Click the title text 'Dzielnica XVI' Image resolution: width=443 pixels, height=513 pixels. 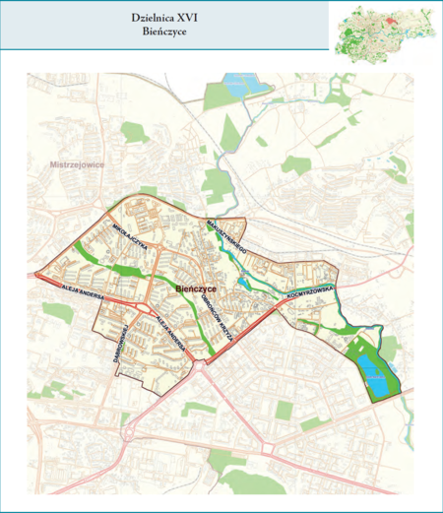pos(164,17)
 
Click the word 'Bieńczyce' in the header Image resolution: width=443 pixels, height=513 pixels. pos(164,32)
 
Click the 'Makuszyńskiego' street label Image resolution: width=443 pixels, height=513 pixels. pos(226,238)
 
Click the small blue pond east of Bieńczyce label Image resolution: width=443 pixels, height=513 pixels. pos(243,284)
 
